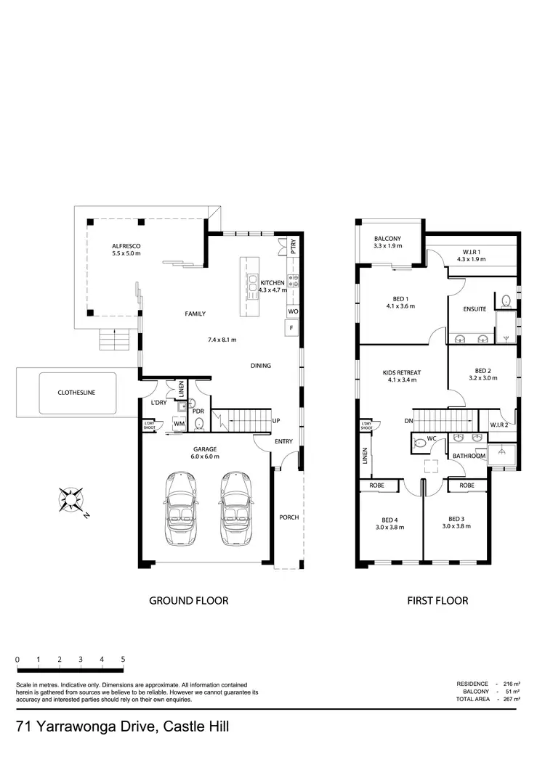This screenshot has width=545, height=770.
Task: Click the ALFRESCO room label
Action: [126, 246]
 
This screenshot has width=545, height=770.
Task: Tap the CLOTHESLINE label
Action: [76, 393]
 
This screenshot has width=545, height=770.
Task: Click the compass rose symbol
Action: [71, 500]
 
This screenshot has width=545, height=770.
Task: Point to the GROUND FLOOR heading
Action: [188, 600]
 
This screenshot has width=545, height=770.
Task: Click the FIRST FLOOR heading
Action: [437, 600]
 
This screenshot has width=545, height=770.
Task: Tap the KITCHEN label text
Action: [272, 282]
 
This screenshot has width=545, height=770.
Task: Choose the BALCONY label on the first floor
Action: [387, 239]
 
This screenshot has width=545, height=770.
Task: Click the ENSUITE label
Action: [475, 308]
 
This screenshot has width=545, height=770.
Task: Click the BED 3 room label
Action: [456, 519]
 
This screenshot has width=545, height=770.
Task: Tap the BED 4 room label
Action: [389, 519]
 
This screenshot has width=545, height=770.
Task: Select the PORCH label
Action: [289, 517]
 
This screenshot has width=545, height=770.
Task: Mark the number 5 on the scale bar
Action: [123, 659]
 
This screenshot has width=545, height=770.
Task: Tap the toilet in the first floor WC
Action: [419, 442]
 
